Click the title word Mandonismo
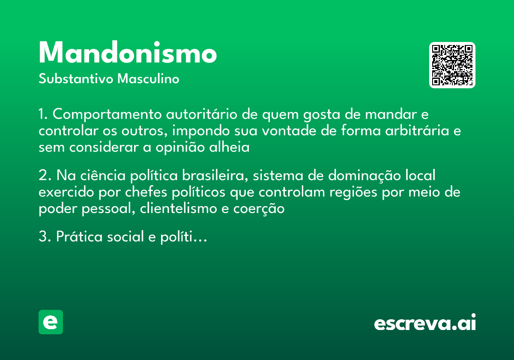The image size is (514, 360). [x=128, y=54]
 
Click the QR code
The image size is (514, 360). [x=452, y=65]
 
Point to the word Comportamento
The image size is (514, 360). [x=107, y=115]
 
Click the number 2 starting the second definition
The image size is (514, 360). [x=42, y=176]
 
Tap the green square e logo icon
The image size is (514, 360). [x=51, y=322]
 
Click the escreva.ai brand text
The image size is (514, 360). [x=425, y=323]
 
